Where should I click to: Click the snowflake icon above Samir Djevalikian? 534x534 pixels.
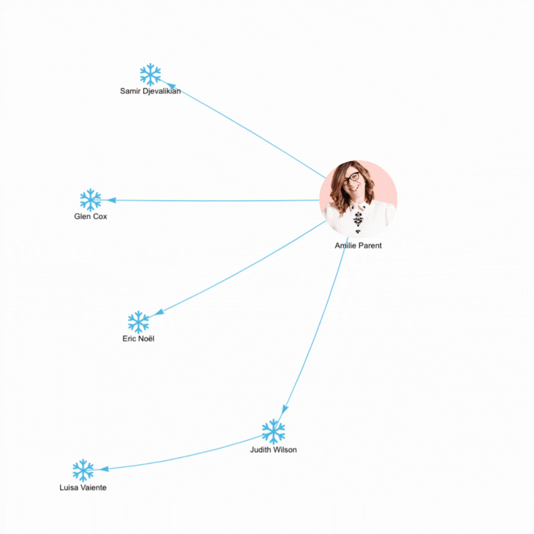coord(150,74)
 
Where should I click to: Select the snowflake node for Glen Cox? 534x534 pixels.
coord(90,200)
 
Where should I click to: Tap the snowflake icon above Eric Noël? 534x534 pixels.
coord(138,322)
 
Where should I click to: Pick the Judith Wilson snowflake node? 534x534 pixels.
coord(273,432)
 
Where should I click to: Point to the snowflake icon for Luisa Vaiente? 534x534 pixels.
coord(83,470)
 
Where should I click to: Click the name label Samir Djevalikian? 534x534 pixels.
coord(150,91)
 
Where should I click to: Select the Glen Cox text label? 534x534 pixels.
coord(90,216)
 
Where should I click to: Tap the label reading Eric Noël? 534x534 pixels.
coord(138,339)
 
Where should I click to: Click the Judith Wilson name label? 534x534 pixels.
coord(273,450)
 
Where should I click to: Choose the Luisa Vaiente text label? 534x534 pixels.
coord(83,488)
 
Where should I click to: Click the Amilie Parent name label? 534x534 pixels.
coord(358,246)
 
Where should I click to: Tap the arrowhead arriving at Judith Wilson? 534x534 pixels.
coord(285,409)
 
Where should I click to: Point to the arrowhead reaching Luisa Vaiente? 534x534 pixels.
coord(104,469)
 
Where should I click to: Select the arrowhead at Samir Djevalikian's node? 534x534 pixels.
coord(171,86)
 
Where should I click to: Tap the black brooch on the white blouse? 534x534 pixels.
coord(358,220)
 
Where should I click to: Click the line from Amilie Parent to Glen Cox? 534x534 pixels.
coord(213,201)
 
